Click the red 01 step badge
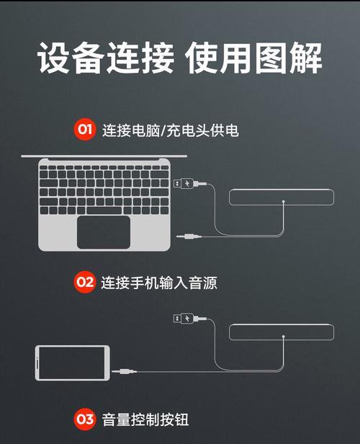[85, 130]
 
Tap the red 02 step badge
[85, 282]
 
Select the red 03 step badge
[85, 419]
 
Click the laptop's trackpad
[104, 232]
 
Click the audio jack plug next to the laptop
[189, 236]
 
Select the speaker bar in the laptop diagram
[282, 197]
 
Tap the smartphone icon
[73, 363]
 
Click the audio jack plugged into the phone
[124, 371]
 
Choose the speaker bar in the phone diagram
[282, 332]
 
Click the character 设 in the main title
[54, 58]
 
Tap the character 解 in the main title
[305, 58]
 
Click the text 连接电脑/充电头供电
[171, 130]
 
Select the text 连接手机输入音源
[159, 283]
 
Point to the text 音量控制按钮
[145, 419]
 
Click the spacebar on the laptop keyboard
[104, 210]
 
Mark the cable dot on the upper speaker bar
[284, 202]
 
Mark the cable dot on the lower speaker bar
[284, 337]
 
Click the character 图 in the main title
[271, 58]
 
